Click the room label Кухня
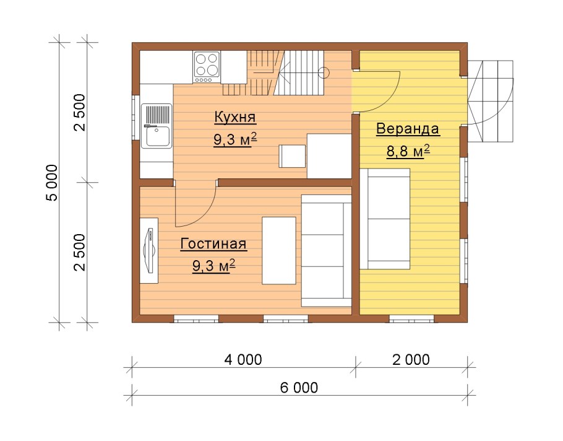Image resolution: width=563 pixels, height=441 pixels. (x=235, y=118)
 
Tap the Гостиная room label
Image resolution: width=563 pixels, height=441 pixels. (x=213, y=243)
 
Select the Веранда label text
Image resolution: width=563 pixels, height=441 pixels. (x=408, y=129)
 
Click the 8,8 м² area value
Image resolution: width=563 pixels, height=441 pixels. (x=408, y=151)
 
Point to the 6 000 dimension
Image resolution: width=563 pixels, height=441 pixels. (x=299, y=388)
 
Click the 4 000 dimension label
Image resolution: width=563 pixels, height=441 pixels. (x=243, y=359)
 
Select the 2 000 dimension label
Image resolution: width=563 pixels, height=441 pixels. (x=411, y=359)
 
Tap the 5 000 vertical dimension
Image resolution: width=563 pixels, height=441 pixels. (x=52, y=183)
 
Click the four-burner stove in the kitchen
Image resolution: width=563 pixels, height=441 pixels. (x=207, y=68)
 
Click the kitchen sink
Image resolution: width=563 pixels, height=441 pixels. (x=157, y=126)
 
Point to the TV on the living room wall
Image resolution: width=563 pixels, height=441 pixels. (x=149, y=250)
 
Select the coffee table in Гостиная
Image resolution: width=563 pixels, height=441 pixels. (x=279, y=250)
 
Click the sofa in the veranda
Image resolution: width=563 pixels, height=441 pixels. (x=385, y=219)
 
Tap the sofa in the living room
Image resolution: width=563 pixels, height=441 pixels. (x=326, y=251)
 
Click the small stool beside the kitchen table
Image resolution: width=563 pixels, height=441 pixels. (x=292, y=156)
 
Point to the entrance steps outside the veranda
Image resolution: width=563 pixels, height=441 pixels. (x=491, y=101)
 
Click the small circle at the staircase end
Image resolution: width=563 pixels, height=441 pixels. (x=324, y=73)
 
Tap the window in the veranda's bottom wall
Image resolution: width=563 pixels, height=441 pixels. (x=411, y=318)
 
